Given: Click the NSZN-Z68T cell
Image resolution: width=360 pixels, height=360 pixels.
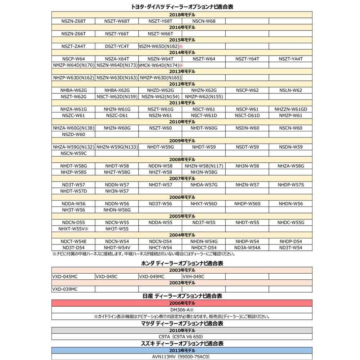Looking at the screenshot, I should click(x=73, y=21).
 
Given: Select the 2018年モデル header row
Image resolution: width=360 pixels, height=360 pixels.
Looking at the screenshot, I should click(x=182, y=15).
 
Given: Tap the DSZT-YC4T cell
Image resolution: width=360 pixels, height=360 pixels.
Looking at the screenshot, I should click(x=117, y=46).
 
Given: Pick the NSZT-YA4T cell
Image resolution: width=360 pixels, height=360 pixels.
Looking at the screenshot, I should click(x=291, y=59).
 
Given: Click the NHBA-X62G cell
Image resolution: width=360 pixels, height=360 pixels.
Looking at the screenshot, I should click(x=117, y=90).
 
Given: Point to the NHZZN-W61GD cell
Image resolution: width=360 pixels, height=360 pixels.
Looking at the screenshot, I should click(x=291, y=109).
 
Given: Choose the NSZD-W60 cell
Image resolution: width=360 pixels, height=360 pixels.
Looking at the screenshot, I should click(x=73, y=134).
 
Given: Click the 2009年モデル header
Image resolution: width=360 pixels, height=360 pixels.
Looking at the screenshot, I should click(x=182, y=141).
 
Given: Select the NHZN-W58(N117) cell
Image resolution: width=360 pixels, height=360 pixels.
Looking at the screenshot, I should click(x=204, y=166).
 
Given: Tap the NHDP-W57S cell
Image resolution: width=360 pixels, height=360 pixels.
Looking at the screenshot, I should click(x=291, y=185).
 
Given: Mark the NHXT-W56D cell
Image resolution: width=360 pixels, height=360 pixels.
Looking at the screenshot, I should click(x=204, y=204).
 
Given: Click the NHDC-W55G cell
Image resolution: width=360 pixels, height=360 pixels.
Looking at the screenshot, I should click(x=291, y=222).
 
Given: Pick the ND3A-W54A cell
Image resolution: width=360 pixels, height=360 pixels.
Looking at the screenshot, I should click(x=247, y=248).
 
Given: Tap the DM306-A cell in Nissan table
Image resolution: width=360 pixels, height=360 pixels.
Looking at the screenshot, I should click(x=182, y=310).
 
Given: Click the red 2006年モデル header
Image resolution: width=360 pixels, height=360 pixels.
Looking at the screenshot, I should click(x=182, y=303).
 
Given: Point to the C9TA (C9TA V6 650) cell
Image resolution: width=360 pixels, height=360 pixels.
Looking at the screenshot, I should click(x=182, y=337).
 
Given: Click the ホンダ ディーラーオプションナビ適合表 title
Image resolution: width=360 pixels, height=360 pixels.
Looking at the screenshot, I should click(x=182, y=264).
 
